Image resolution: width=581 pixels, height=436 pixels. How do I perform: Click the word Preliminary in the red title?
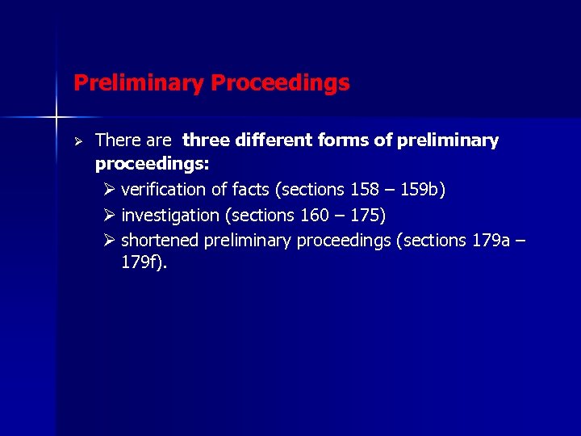tap(139, 83)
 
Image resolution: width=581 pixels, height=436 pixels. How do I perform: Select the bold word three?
tap(205, 140)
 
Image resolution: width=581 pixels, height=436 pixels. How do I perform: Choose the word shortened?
tap(160, 241)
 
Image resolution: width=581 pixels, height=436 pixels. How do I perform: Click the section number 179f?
tap(142, 262)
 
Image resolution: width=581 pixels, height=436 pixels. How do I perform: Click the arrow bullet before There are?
tap(79, 141)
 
